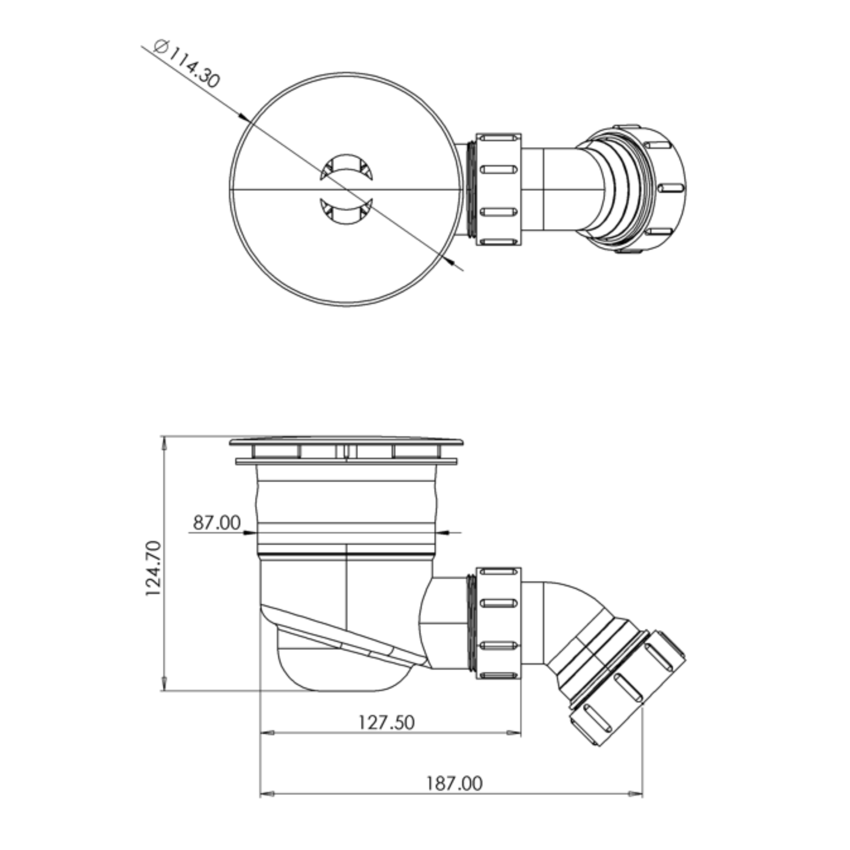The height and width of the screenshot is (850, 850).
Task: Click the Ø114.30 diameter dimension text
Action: pyautogui.click(x=186, y=63)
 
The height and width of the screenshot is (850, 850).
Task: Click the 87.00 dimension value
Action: pyautogui.click(x=216, y=523)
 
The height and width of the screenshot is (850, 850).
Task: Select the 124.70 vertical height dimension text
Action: pyautogui.click(x=154, y=568)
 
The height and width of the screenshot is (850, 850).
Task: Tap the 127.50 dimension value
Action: pyautogui.click(x=386, y=722)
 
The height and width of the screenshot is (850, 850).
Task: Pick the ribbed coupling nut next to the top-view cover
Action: pyautogui.click(x=498, y=190)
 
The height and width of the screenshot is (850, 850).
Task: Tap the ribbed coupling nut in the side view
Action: pyautogui.click(x=498, y=624)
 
